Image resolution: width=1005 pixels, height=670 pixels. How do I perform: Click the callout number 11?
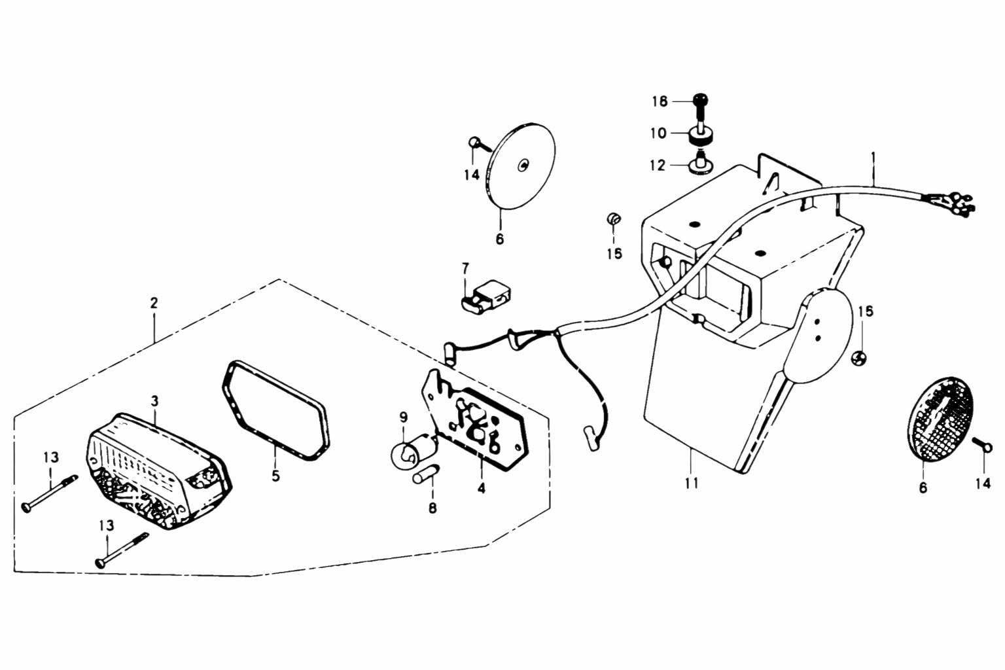692,484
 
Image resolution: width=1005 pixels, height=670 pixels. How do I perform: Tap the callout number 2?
154,304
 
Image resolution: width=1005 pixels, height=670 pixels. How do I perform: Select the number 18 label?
660,102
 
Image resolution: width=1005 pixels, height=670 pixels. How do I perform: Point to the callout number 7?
465,268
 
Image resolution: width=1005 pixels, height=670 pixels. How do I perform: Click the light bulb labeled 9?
408,455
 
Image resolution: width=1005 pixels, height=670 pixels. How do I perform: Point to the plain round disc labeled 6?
521,166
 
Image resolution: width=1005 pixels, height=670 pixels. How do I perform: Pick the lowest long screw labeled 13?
122,550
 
